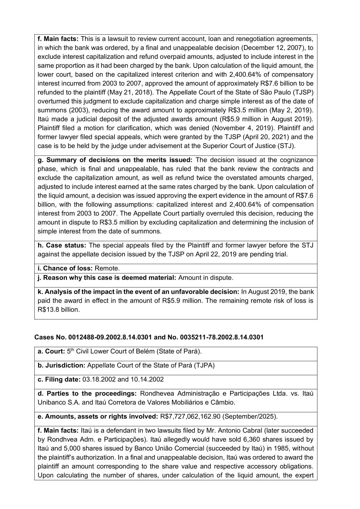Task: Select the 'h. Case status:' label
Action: [62, 245]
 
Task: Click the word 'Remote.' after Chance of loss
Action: [107, 268]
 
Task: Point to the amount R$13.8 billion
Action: [58, 310]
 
